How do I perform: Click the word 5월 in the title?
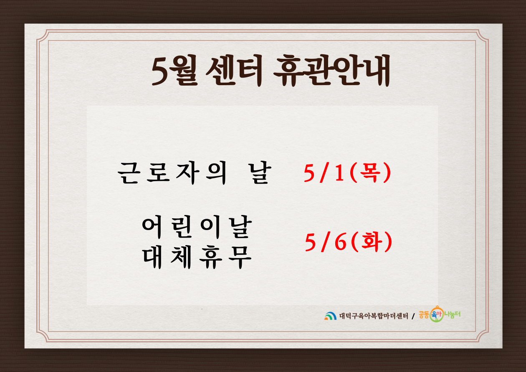[x=174, y=71]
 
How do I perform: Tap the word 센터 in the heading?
[x=234, y=71]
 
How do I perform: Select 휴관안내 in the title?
[x=331, y=71]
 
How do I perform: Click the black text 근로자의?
[x=172, y=173]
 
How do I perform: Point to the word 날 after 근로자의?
[x=260, y=173]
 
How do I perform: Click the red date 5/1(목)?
[x=347, y=173]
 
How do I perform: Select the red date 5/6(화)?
[x=349, y=242]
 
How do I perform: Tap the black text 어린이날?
[x=197, y=227]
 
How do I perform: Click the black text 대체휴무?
[x=197, y=257]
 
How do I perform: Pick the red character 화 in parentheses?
[x=372, y=241]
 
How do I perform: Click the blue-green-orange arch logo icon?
[x=330, y=316]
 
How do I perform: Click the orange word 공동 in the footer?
[x=424, y=315]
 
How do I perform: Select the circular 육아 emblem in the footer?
[x=437, y=314]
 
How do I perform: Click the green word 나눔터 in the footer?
[x=452, y=314]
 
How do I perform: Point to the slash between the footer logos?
[x=413, y=316]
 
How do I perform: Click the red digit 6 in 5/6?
[x=341, y=242]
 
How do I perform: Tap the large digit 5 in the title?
[x=161, y=71]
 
